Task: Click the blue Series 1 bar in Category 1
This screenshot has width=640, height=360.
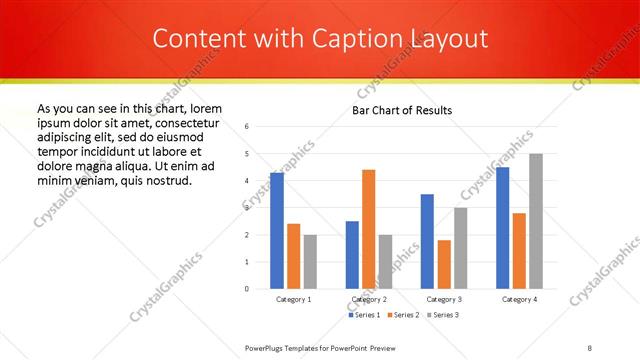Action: coord(277,231)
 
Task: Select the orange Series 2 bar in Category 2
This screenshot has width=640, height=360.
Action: coord(368,229)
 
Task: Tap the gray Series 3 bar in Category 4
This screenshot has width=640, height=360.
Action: coord(536,221)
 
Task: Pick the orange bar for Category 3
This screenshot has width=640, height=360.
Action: coord(444,264)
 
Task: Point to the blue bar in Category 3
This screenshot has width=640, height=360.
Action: coord(427,241)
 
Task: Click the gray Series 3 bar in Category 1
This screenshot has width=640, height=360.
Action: coord(310,261)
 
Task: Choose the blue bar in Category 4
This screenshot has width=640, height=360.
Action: coord(502,228)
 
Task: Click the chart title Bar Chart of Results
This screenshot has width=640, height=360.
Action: coord(402,110)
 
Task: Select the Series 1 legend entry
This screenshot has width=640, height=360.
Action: coord(364,315)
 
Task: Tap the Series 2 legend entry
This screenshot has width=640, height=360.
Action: coord(403,315)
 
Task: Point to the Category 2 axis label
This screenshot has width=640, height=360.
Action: coord(369,299)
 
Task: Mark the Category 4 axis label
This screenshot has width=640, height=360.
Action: coord(519,299)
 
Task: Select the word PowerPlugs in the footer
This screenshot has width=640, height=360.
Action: coord(267,347)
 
